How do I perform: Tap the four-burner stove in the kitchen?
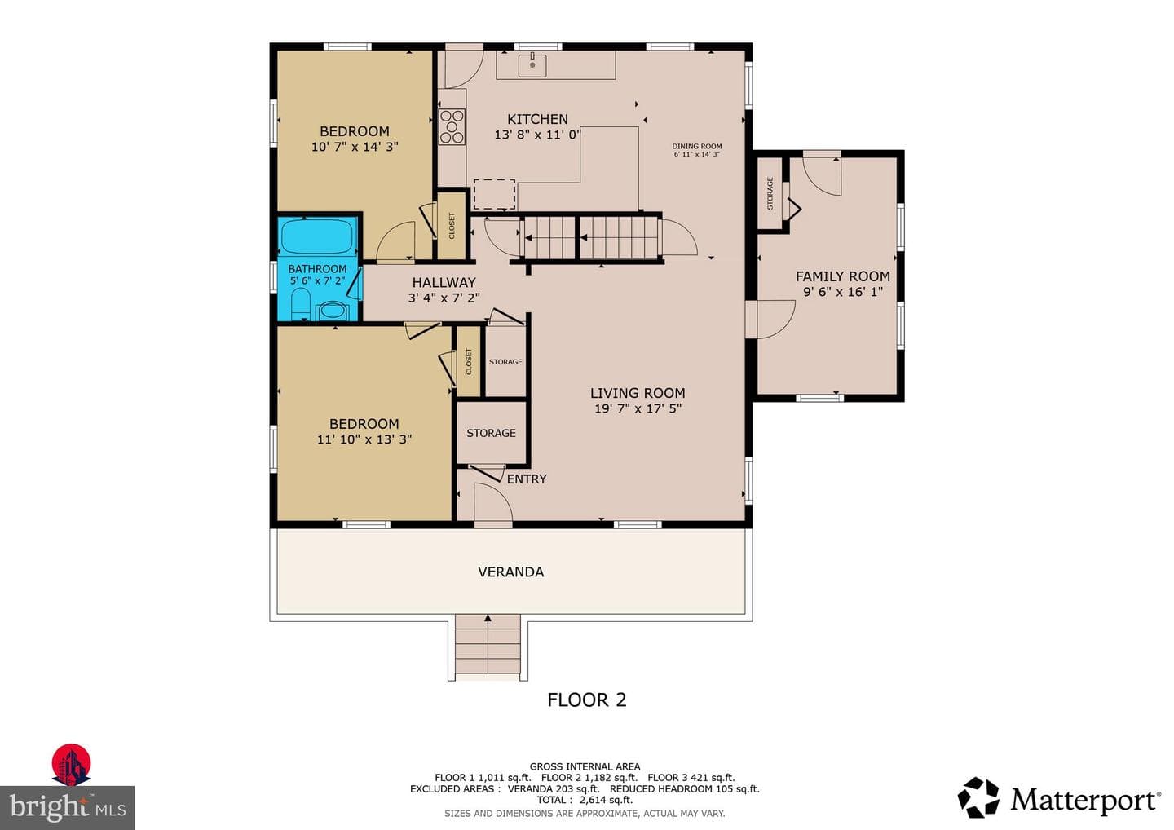452,126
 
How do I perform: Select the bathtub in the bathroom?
318,236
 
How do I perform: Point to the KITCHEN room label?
537,119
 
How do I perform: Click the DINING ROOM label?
696,146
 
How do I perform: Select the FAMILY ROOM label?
843,276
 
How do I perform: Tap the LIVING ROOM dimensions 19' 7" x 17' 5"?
638,408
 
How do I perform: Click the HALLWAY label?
444,282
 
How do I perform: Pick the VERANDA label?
510,572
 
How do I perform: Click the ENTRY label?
526,479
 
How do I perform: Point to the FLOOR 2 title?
586,700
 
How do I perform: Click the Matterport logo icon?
978,797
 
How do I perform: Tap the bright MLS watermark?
67,807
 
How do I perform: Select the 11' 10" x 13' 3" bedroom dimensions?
364,439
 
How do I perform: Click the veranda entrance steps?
488,647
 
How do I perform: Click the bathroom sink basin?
333,311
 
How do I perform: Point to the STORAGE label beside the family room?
770,193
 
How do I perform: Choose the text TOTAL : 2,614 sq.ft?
585,800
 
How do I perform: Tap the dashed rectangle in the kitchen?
494,194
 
